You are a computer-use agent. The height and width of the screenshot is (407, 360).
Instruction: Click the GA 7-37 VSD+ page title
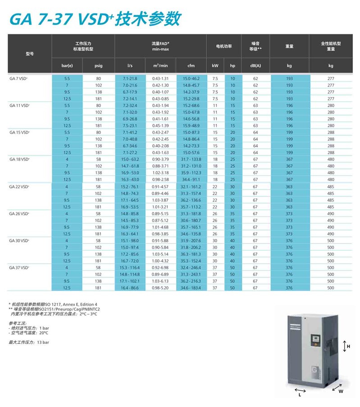coord(95,19)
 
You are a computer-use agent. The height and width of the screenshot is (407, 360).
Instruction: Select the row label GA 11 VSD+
coord(20,105)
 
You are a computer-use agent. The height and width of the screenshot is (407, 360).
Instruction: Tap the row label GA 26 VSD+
coord(20,213)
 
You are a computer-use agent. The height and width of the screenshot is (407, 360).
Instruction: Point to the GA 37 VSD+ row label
coord(20,267)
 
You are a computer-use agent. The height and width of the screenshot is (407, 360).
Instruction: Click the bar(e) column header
coord(67,66)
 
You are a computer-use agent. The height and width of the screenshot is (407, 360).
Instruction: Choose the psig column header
coord(98,66)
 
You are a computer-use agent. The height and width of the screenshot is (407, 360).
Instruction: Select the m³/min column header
coord(160,66)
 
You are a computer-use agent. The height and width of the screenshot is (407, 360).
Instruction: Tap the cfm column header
coord(191,66)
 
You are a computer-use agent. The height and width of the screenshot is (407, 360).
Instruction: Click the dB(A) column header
coord(255,66)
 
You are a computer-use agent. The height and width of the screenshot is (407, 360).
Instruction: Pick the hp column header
coord(232,66)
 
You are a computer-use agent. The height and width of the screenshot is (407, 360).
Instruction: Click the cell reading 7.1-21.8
coord(130,78)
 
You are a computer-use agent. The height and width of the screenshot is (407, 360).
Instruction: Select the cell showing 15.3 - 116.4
coord(130,267)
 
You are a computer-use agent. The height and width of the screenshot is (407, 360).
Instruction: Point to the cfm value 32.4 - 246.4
coord(191,267)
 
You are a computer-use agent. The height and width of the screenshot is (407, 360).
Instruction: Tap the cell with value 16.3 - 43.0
coord(130,179)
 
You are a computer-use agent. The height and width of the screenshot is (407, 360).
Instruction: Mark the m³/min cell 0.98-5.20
coord(160,288)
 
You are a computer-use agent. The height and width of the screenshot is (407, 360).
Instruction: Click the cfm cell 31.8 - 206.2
coord(191,247)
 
